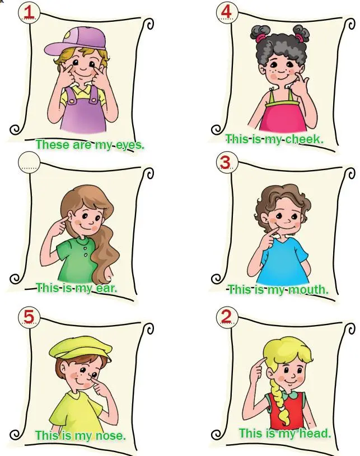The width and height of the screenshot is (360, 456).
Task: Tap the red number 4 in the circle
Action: (x=227, y=10)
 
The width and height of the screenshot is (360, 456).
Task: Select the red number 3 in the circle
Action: (x=226, y=162)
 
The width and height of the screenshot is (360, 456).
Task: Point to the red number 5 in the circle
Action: (x=29, y=316)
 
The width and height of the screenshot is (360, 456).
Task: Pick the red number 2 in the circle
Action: (x=226, y=316)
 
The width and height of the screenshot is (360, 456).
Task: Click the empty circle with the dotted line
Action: (x=29, y=162)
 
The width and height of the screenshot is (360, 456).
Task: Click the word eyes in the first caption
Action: (x=129, y=144)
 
